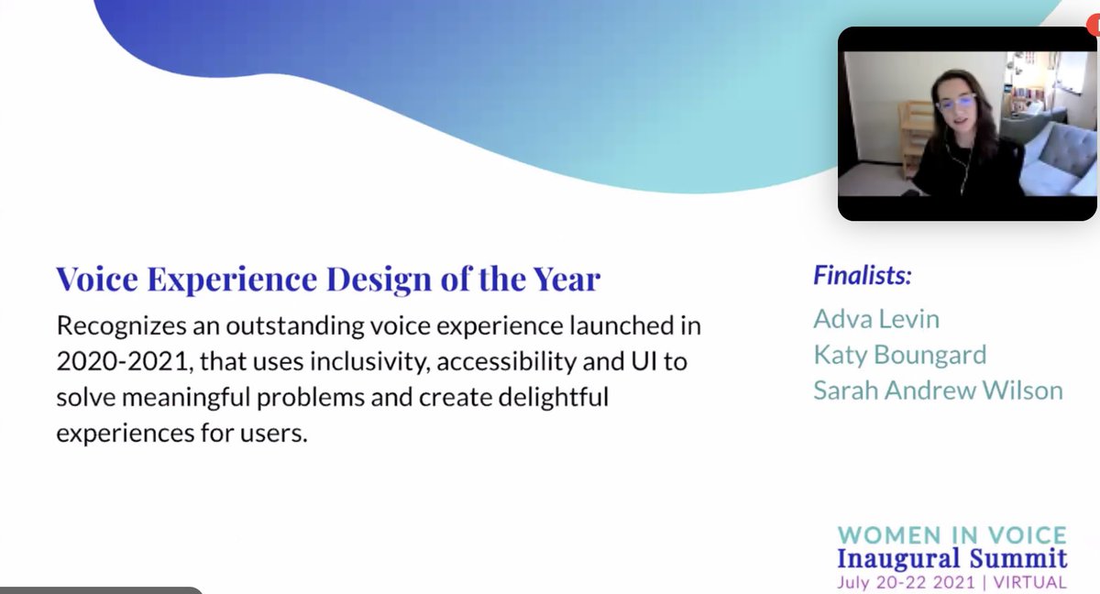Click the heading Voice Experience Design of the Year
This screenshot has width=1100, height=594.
[327, 279]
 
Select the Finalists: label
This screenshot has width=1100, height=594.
[862, 275]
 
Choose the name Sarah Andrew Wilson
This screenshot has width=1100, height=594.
[937, 390]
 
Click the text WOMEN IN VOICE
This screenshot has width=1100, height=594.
[952, 534]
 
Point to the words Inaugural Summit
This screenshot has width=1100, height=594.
[952, 558]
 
